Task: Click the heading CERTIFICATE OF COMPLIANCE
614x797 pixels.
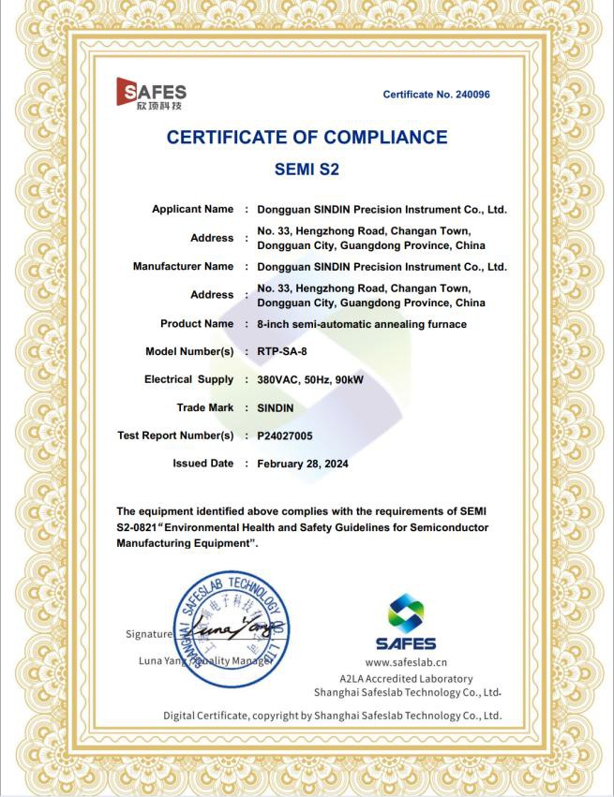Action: pos(307,138)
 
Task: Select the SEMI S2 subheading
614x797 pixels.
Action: pos(307,170)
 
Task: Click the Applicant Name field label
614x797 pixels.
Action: pos(192,209)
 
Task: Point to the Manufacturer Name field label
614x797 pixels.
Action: pos(183,266)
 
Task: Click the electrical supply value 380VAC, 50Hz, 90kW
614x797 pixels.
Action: pos(317,379)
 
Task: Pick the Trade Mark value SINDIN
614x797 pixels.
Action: pos(276,407)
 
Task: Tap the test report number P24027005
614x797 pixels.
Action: pos(291,435)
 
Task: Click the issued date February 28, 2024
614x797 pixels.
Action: pos(302,464)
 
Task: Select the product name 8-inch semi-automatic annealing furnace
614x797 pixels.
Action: pos(362,324)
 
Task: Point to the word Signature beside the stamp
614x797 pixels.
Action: pos(148,634)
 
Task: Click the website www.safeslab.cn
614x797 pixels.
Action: pos(406,661)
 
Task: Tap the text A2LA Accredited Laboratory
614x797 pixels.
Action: pos(406,678)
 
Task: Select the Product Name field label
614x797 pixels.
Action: pos(197,323)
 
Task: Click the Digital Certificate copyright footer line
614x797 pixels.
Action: pos(333,716)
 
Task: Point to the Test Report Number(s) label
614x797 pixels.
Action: pos(175,435)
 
